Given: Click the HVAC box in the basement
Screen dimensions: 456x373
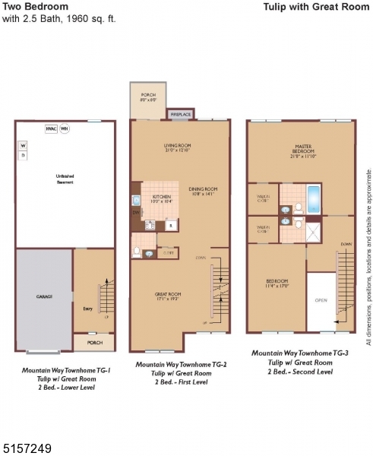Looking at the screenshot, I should [51, 128].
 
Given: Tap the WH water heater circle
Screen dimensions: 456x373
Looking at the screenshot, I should [65, 128].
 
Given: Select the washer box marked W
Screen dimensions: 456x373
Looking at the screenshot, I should [23, 144].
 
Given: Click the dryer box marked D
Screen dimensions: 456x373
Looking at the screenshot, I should [23, 155].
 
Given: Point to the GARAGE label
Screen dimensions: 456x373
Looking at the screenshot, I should [44, 297].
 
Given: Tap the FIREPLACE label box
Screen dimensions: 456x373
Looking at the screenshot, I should [180, 115].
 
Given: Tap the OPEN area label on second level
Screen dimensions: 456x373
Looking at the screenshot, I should [321, 300].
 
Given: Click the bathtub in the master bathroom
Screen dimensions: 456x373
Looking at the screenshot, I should [315, 195].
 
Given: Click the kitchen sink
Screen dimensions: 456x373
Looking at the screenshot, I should [136, 201].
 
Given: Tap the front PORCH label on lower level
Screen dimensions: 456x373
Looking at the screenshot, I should [95, 343].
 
